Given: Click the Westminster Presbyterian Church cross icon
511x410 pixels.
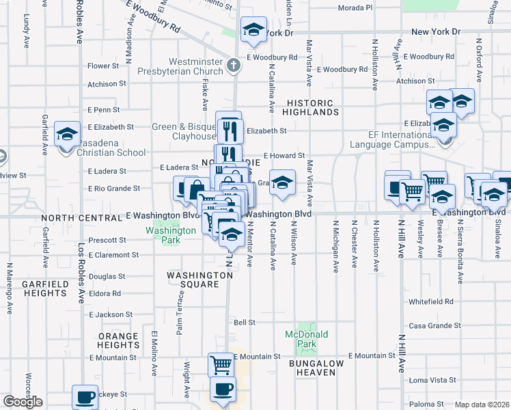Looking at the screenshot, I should (x=234, y=66).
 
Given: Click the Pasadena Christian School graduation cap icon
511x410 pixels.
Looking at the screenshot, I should (x=68, y=134).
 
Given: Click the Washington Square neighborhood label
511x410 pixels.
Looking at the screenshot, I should (x=200, y=279).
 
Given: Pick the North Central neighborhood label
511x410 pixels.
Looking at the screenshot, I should (x=80, y=217).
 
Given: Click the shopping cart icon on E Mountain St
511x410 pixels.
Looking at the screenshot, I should (x=221, y=365).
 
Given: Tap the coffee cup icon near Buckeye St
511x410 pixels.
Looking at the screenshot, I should (x=85, y=397).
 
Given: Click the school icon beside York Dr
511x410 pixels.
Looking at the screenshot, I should (x=253, y=29).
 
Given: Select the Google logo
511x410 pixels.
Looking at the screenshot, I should (x=23, y=402).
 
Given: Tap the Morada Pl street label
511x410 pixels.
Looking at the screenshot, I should (x=355, y=8).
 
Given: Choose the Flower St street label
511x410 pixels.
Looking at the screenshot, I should (x=103, y=66).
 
